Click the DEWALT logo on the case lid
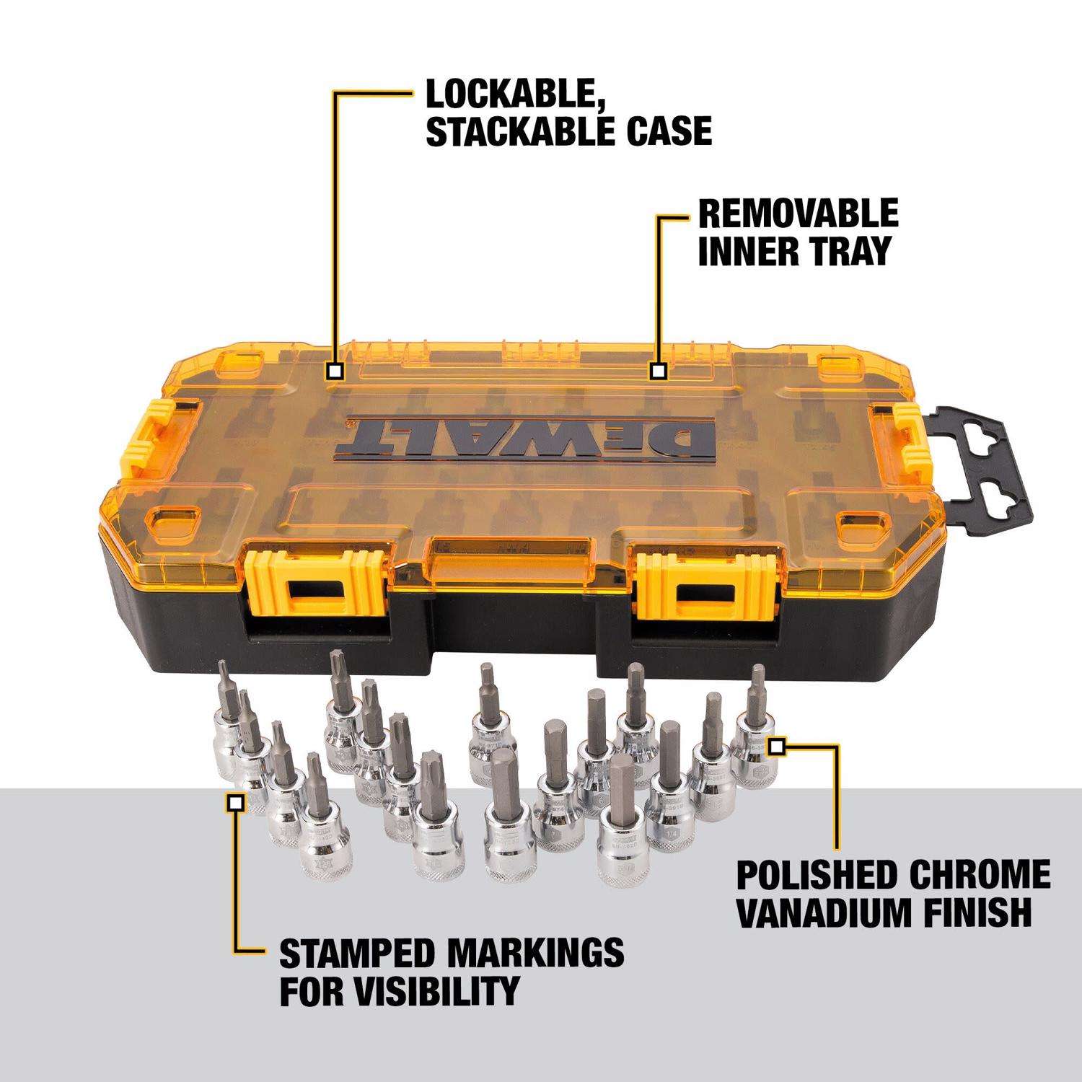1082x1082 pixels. [x=529, y=437]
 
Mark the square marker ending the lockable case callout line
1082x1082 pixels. [x=334, y=371]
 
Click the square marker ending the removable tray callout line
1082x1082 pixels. [x=657, y=371]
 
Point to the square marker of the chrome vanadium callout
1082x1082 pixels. [x=776, y=747]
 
